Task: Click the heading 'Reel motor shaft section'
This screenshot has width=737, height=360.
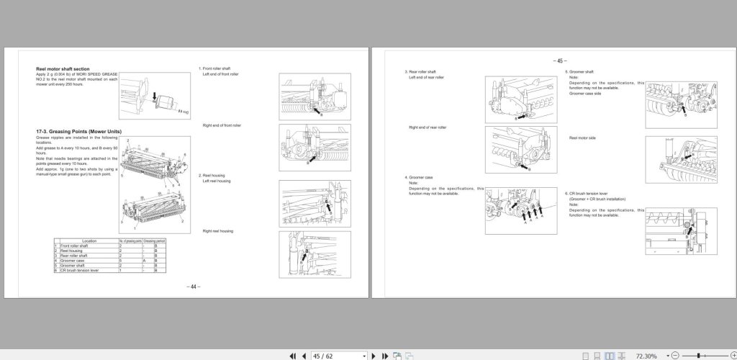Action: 63,69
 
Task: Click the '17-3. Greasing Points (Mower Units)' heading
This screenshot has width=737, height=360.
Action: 78,131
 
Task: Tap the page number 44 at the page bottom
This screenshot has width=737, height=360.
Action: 193,287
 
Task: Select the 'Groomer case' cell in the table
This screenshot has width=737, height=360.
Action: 76,260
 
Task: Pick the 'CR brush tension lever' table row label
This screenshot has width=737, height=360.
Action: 81,269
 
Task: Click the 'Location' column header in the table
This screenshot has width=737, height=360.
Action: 89,240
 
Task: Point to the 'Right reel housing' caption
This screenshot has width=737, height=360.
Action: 217,231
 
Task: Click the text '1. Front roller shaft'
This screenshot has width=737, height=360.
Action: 214,69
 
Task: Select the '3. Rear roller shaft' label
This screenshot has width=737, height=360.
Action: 422,72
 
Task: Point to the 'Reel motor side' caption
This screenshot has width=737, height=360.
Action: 582,138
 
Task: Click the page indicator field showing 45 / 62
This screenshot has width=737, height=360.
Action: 338,356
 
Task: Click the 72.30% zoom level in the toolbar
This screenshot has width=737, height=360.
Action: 646,356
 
